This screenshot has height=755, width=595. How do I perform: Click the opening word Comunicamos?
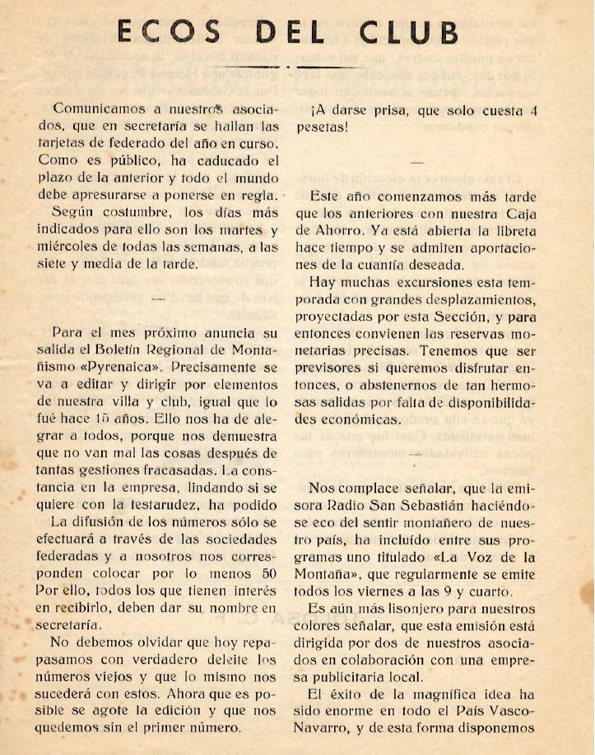100,109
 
